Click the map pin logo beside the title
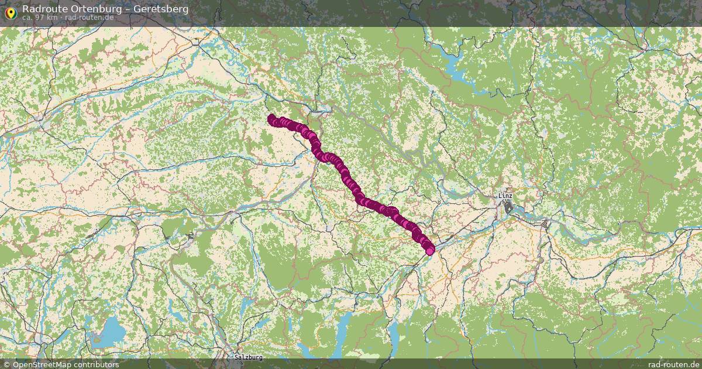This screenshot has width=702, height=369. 9,12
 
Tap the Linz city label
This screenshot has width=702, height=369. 505,195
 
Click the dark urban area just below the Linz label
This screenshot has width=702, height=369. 508,206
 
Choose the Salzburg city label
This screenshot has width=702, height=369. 248,357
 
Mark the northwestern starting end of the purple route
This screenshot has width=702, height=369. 271,118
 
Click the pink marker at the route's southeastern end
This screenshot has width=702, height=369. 431,251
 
